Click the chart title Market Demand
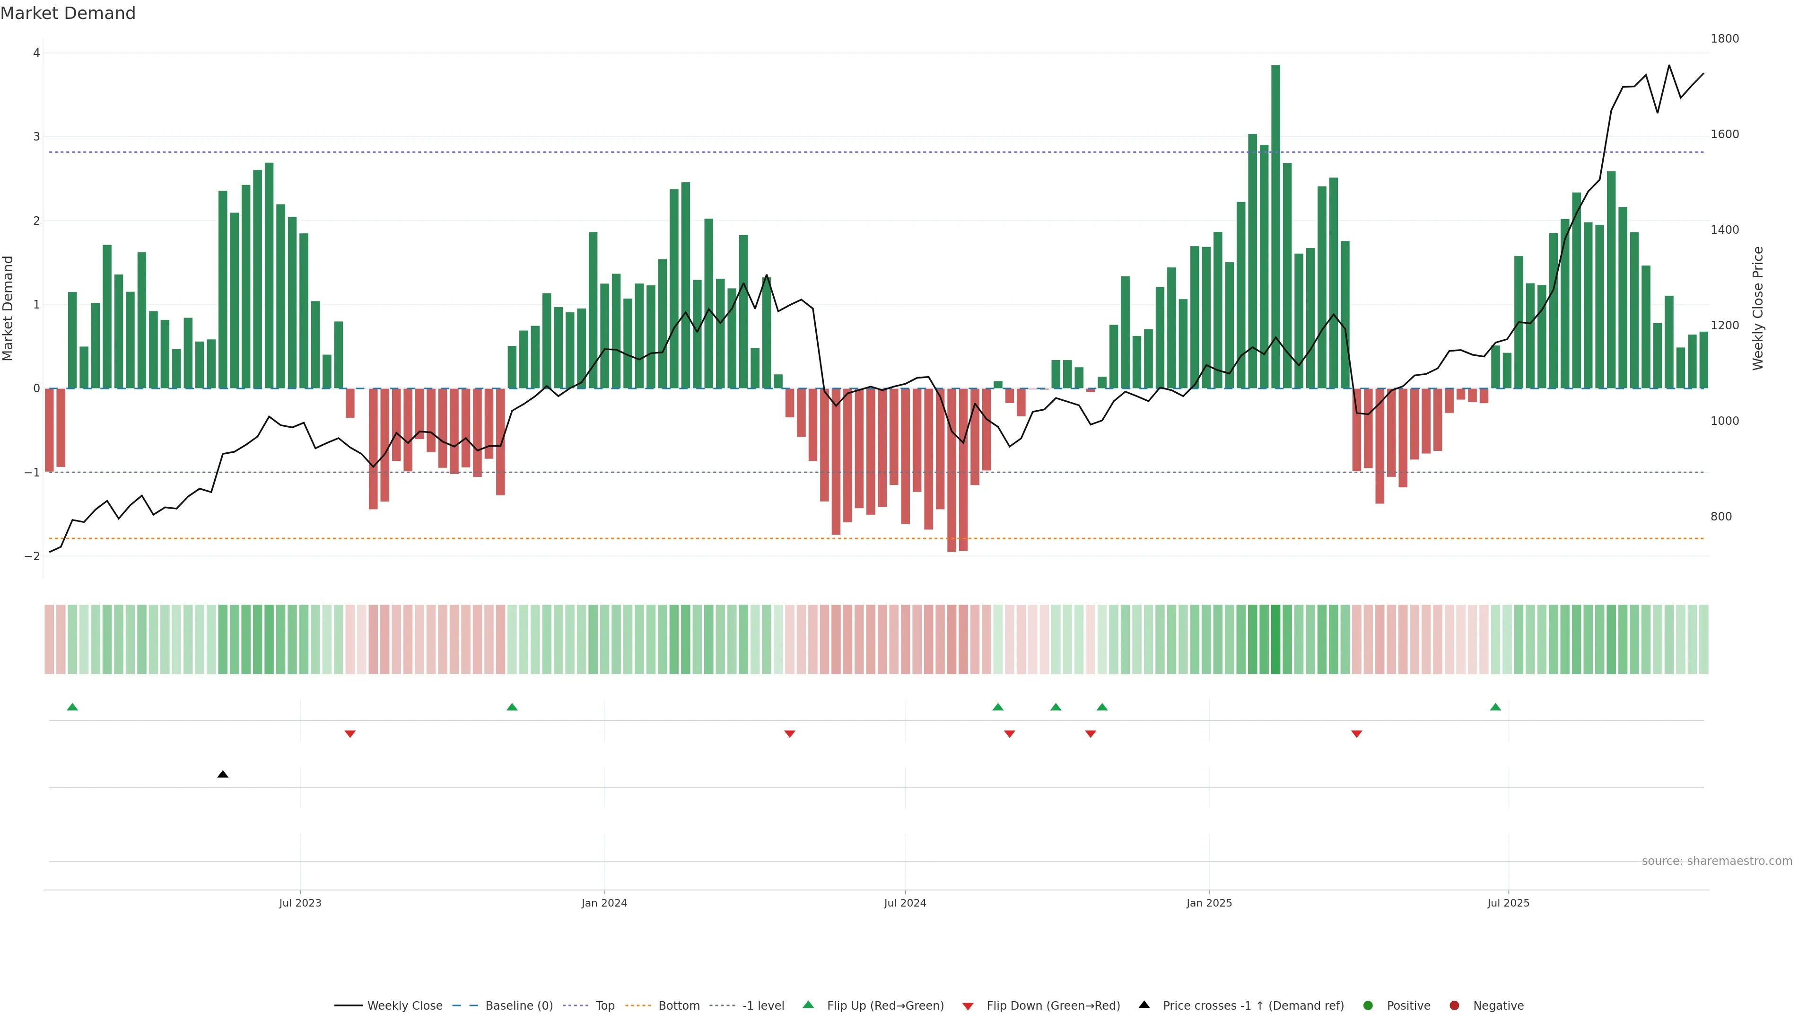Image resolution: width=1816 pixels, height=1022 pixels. tap(68, 13)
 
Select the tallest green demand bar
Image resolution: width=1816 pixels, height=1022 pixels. tap(1275, 226)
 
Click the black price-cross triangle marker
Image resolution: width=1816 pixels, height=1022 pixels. tap(223, 775)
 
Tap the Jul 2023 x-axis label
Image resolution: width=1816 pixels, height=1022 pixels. tap(300, 903)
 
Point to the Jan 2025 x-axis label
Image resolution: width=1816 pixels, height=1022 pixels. tap(1209, 903)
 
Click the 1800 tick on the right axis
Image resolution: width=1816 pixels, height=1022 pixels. tap(1724, 39)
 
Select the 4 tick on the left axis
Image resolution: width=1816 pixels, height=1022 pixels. tap(36, 53)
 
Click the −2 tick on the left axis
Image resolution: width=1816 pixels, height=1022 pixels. tap(33, 556)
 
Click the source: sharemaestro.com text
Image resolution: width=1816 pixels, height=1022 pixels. tap(1717, 861)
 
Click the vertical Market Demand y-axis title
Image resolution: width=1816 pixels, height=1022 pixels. tap(9, 308)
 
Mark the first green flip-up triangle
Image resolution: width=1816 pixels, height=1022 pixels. tap(72, 707)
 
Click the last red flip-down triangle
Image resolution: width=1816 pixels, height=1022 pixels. tap(1356, 734)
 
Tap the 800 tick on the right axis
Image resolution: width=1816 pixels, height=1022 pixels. tap(1721, 517)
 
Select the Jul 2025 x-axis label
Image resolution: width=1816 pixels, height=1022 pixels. tap(1508, 903)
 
